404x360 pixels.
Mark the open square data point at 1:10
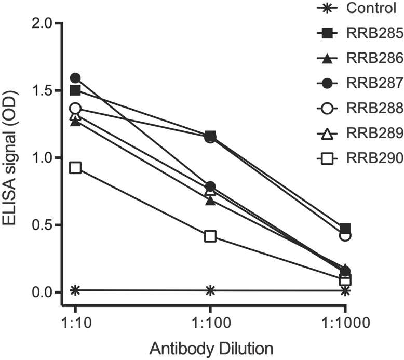[x=75, y=168]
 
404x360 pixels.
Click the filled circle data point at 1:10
[x=75, y=78]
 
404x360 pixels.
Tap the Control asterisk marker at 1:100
[x=210, y=290]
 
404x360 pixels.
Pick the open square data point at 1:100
[x=210, y=236]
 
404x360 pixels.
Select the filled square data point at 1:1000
[x=345, y=229]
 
